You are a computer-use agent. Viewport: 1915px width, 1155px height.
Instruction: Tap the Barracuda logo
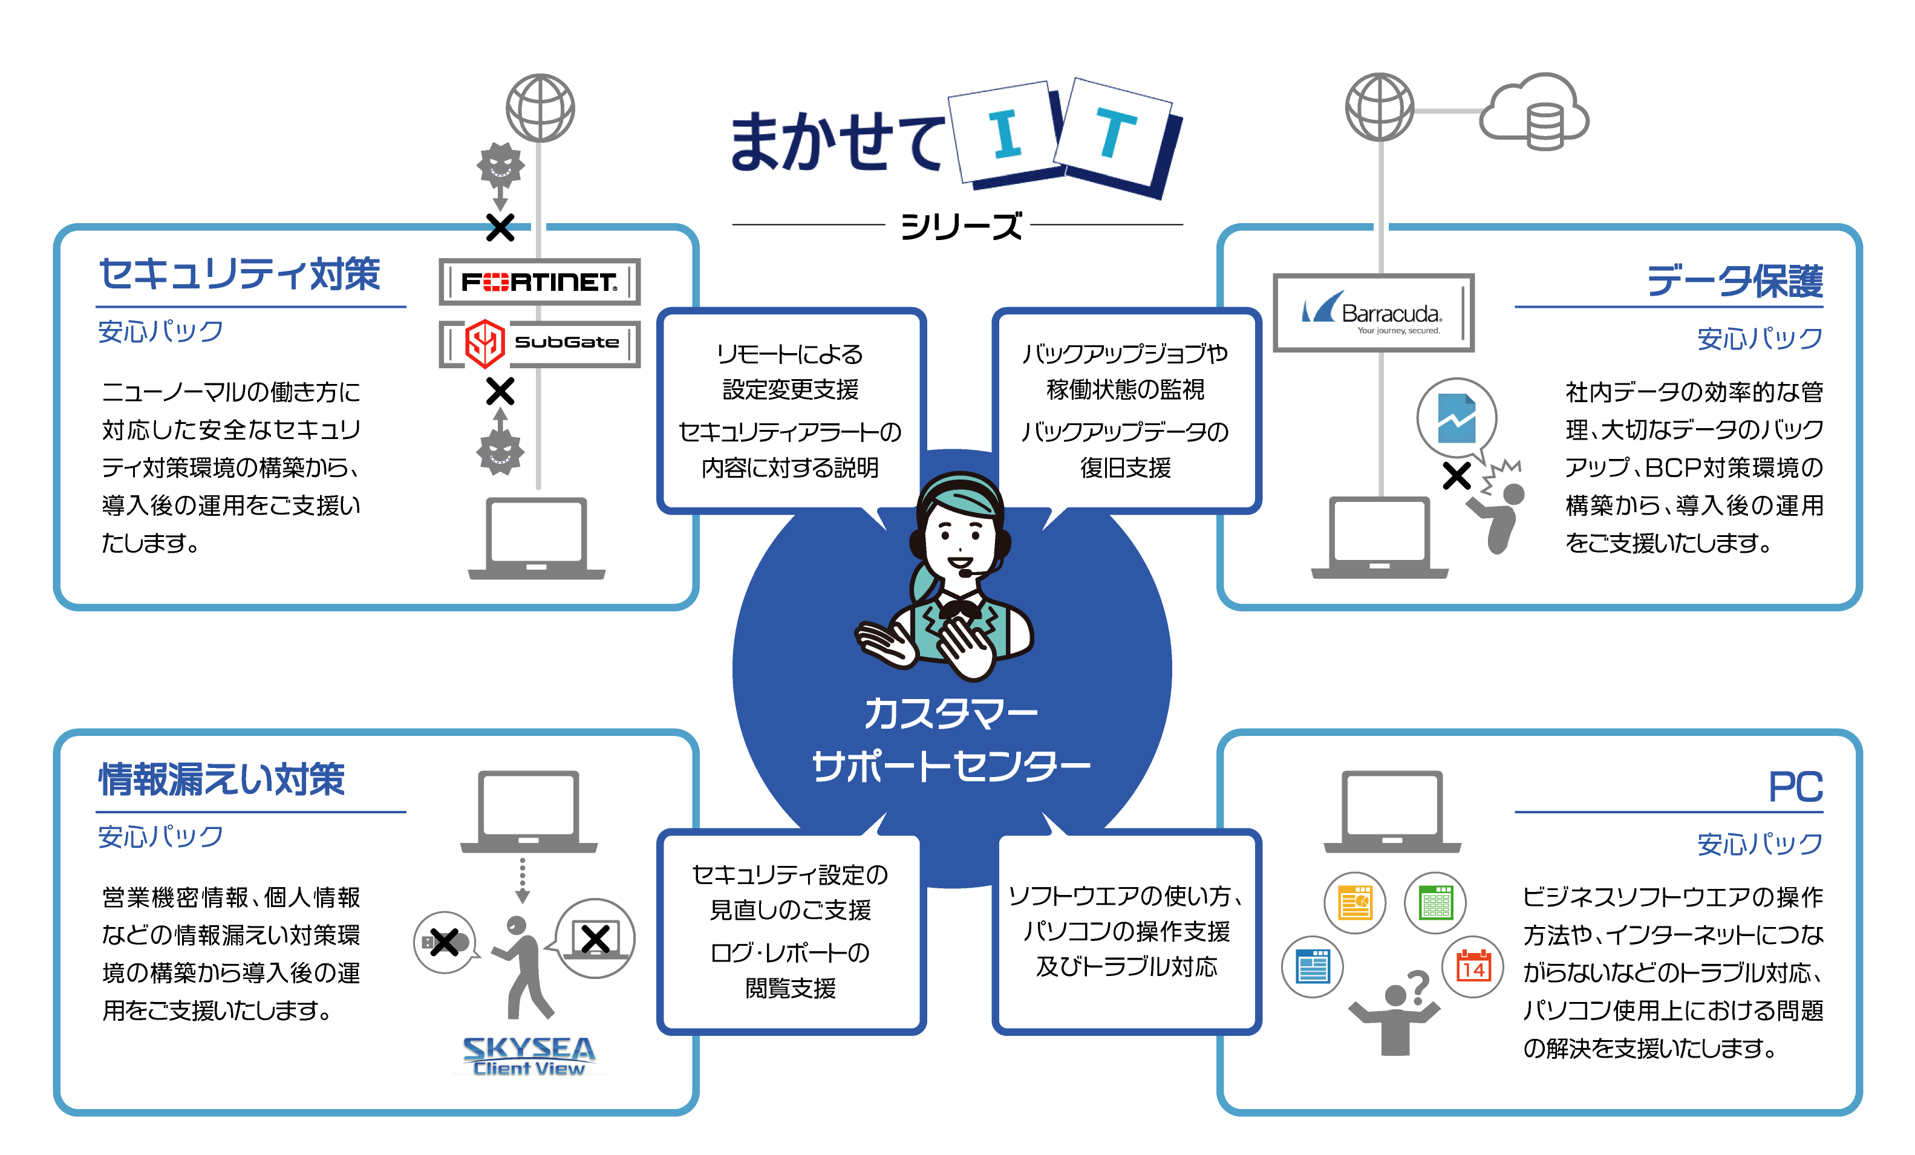1372,313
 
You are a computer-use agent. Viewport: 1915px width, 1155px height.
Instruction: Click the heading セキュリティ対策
240,275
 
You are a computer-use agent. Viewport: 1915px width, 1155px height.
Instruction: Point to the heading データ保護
1734,281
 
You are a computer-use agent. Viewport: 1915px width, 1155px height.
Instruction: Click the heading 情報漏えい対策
221,779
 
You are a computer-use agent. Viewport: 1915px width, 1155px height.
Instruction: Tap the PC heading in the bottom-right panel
1795,787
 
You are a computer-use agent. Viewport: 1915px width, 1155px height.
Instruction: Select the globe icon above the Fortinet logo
540,108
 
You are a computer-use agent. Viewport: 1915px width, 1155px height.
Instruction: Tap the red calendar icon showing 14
1473,967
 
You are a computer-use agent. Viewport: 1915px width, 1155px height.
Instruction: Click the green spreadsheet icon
1435,902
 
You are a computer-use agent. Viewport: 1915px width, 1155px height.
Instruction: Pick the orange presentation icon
1355,902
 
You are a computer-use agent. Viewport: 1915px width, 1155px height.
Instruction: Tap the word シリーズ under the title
961,226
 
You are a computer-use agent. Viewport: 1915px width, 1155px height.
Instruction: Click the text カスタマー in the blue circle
950,713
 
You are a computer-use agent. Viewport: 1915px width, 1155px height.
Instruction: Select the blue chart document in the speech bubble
1456,418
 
